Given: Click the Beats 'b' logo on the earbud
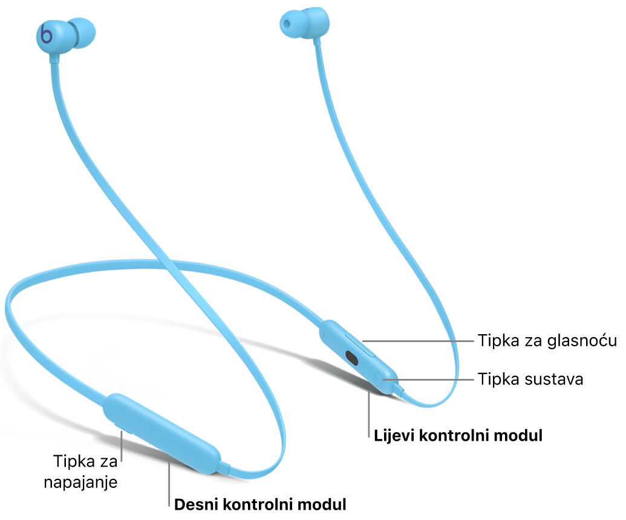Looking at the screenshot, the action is tap(47, 35).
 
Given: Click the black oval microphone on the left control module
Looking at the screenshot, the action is tap(351, 358).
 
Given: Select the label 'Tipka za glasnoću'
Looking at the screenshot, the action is tap(547, 341).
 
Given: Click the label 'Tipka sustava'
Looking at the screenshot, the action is tap(530, 379).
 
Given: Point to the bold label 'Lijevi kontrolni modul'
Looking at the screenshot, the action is tap(458, 435).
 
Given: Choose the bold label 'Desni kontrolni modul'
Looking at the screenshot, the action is tap(260, 504).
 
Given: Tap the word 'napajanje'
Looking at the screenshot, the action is tap(80, 482).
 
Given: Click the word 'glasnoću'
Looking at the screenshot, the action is tap(582, 341).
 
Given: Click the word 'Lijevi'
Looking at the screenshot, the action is tap(394, 435).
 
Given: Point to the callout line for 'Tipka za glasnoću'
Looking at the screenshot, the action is tap(417, 341).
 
